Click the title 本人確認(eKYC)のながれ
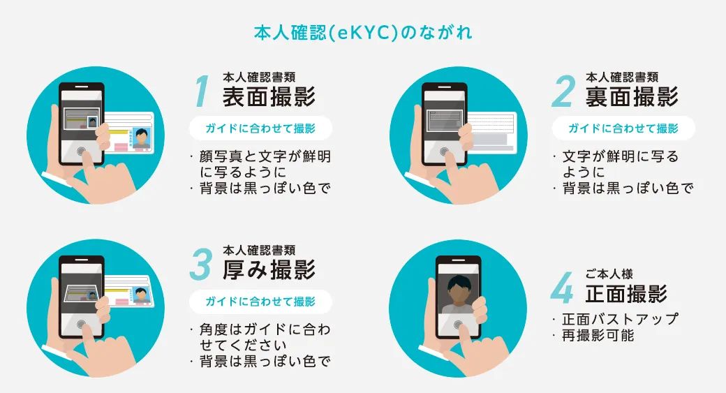pos(362,33)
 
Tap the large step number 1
pos(202,91)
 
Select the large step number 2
pos(564,91)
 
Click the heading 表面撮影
pos(269,96)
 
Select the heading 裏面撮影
pos(632,96)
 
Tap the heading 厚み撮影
pos(269,269)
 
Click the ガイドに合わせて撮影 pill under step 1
pos(260,128)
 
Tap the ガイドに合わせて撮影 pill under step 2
pos(623,128)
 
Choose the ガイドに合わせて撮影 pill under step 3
pos(260,302)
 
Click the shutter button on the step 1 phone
pos(82,151)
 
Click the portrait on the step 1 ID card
pos(142,136)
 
